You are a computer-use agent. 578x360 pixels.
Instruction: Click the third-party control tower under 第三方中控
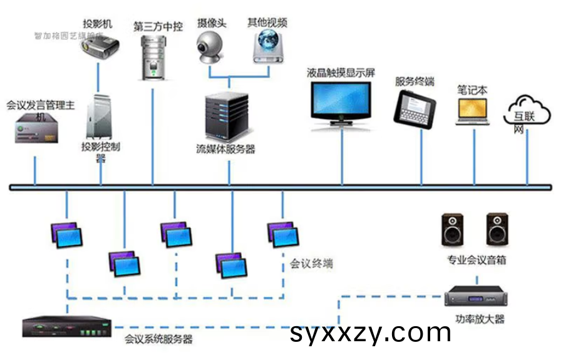pyautogui.click(x=152, y=57)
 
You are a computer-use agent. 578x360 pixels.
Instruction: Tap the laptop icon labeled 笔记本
pyautogui.click(x=473, y=111)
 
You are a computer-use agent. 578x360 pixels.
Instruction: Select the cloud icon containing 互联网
pyautogui.click(x=527, y=112)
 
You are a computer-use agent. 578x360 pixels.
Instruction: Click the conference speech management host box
pyautogui.click(x=38, y=130)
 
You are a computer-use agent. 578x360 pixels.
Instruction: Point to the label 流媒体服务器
pyautogui.click(x=225, y=149)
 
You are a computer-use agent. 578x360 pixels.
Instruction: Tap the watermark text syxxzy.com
pyautogui.click(x=371, y=332)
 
